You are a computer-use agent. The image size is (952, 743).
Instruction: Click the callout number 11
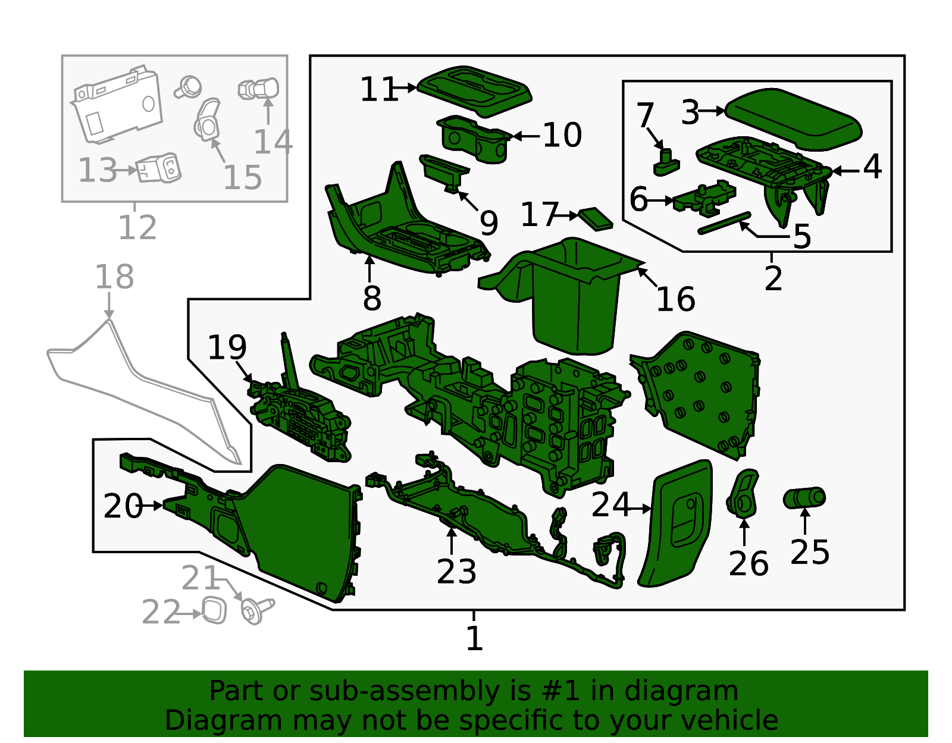coord(378,90)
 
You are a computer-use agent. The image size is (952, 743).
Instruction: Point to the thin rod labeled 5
coord(724,223)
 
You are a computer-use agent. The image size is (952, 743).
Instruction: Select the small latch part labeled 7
coord(666,162)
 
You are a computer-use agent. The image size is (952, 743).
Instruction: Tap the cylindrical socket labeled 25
coord(804,497)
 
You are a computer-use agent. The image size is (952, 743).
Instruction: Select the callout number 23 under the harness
coord(456,572)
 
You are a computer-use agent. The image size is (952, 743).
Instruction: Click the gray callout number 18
coord(114,277)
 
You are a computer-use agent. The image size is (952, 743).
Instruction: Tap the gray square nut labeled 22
coord(214,611)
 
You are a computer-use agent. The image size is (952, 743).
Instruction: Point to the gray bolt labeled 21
coord(255,611)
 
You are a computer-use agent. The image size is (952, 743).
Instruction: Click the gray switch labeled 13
coord(158,169)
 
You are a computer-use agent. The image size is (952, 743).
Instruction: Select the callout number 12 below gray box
coord(137,227)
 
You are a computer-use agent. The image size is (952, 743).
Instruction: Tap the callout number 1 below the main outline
coord(474,638)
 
